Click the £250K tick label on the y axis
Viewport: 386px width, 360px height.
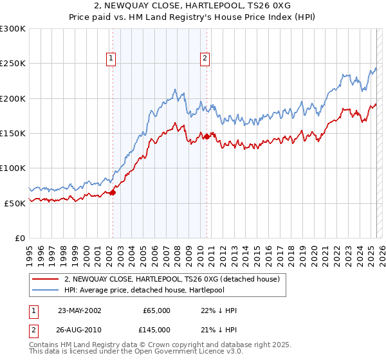pos(13,64)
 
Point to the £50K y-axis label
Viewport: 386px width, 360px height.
pos(15,203)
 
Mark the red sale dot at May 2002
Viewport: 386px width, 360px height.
pos(113,192)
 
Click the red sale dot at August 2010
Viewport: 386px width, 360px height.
pos(207,136)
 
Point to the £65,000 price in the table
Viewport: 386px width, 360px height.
pos(156,310)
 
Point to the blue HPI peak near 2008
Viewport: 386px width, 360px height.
pos(175,89)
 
